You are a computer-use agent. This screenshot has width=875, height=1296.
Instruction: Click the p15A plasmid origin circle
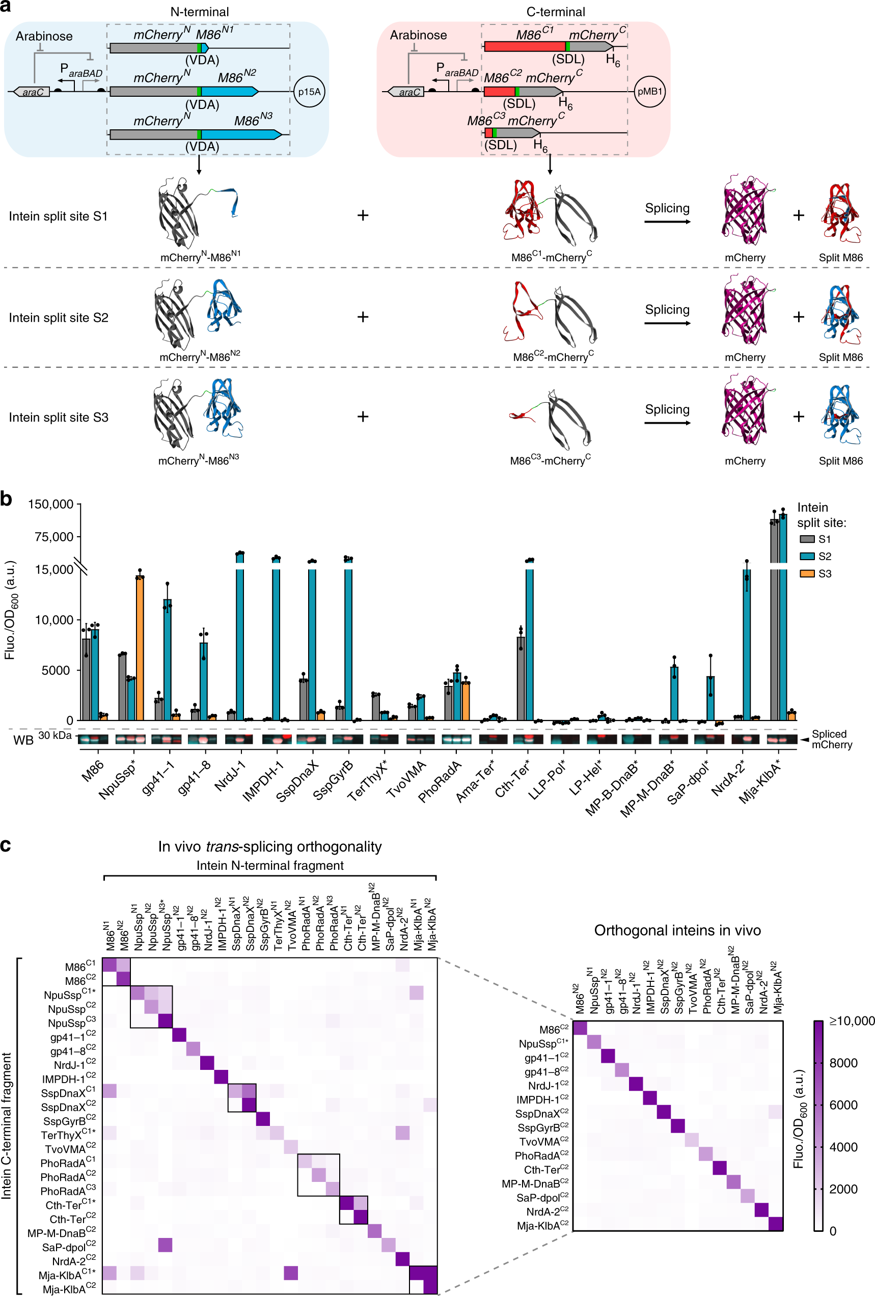[309, 92]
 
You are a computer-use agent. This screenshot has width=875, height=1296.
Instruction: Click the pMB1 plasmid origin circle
[650, 92]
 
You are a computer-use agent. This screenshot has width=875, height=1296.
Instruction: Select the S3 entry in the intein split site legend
[816, 574]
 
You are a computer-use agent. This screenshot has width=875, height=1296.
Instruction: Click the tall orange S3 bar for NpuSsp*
[140, 647]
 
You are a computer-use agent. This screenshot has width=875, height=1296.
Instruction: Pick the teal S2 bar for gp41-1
[167, 658]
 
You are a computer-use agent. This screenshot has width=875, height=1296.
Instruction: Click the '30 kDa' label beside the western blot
[54, 735]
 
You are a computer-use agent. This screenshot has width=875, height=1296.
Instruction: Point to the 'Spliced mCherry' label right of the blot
[832, 739]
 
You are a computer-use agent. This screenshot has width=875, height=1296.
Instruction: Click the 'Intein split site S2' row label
[59, 318]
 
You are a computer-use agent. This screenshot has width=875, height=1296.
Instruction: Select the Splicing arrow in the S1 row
[668, 222]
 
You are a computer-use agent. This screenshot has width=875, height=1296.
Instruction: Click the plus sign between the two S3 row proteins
[363, 417]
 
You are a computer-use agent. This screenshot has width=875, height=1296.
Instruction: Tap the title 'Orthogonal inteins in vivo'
[677, 930]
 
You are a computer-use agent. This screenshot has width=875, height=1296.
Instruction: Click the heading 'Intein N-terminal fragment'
[270, 866]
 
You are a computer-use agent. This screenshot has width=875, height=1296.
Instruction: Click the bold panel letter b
[6, 499]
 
